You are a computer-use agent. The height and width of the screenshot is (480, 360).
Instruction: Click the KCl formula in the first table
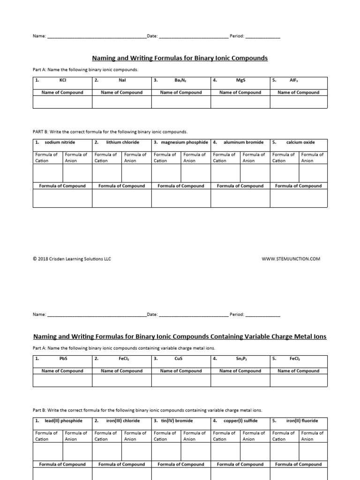point(63,80)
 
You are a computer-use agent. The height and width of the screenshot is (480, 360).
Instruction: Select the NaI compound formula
point(122,80)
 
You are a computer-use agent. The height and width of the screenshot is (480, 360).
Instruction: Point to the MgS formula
point(241,80)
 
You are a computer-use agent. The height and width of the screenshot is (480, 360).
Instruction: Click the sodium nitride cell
point(60,142)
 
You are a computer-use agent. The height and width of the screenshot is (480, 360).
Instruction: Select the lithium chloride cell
point(123,142)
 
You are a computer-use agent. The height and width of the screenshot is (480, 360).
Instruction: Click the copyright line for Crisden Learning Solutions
point(72,259)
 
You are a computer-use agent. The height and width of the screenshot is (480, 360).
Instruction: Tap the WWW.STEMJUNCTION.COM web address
point(291,259)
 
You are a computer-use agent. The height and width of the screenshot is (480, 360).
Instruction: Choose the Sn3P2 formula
point(241,359)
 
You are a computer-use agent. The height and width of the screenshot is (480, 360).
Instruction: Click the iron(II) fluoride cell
point(302,421)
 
